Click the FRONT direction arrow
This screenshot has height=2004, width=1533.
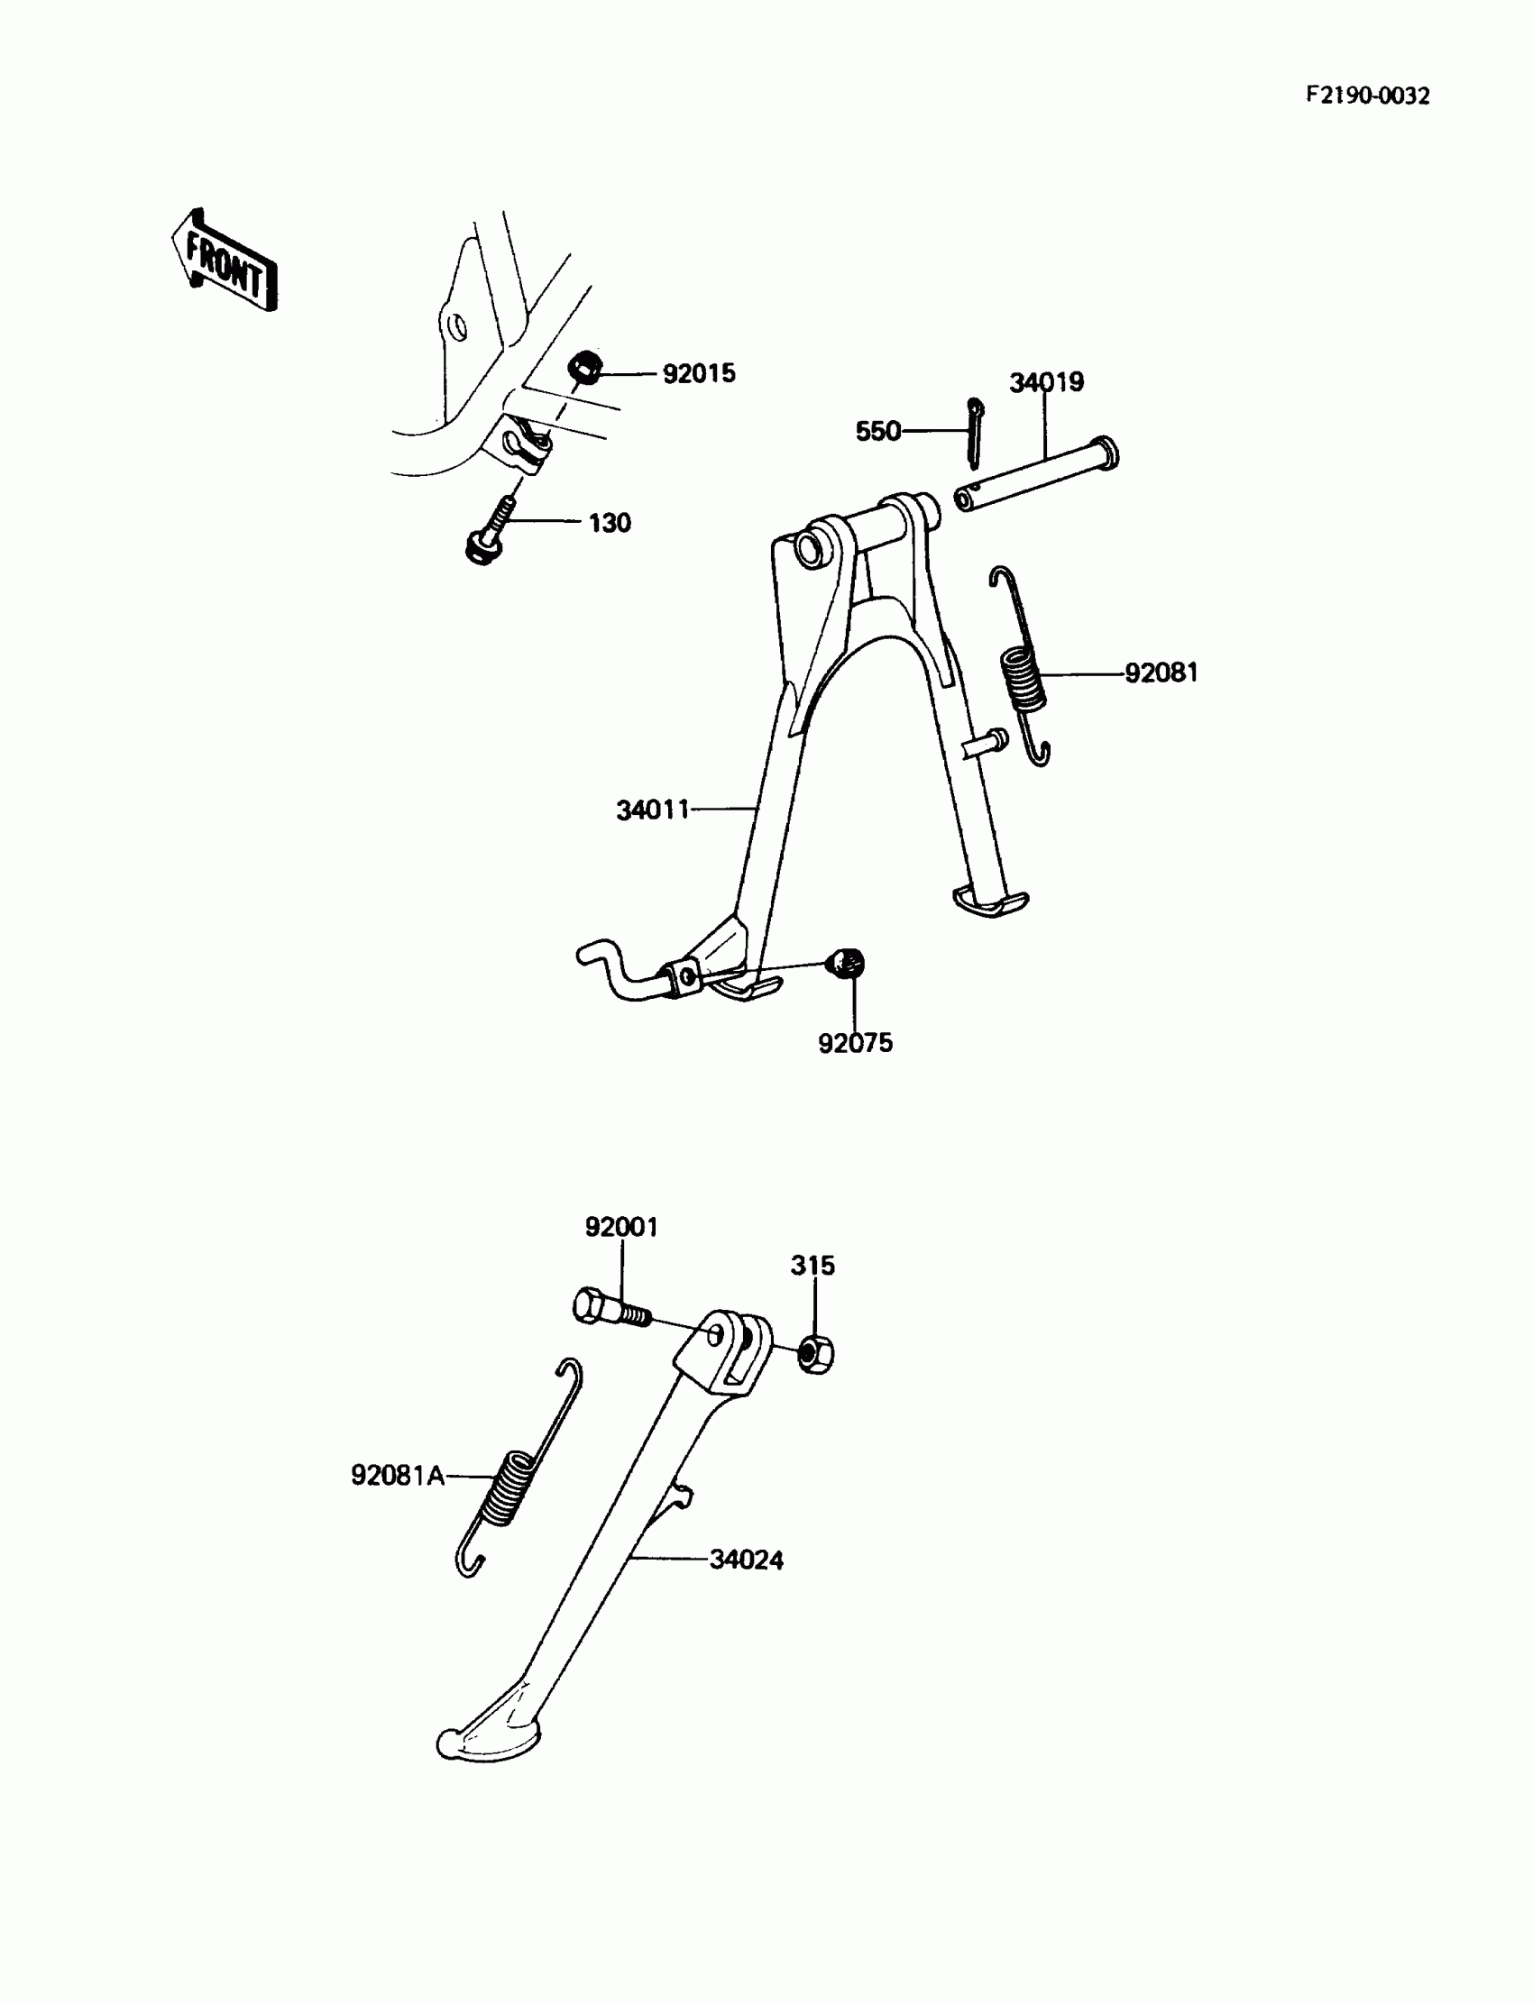tap(225, 261)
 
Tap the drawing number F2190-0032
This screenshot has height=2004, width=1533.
tap(1367, 96)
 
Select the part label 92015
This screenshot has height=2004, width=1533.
tap(698, 374)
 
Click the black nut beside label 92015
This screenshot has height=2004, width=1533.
tap(584, 368)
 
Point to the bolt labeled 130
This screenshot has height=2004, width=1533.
tap(489, 533)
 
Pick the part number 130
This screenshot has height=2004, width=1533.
tap(610, 524)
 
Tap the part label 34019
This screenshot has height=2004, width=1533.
tap(1046, 382)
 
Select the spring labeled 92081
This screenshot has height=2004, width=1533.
tap(1023, 670)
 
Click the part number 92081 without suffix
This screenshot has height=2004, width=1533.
tap(1161, 673)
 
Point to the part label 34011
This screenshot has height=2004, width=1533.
tap(653, 810)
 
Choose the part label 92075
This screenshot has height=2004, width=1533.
tap(855, 1043)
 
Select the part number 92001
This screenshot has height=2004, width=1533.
tap(621, 1228)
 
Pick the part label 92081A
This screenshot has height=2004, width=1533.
tap(398, 1475)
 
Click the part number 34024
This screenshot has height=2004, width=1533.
tap(747, 1560)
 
